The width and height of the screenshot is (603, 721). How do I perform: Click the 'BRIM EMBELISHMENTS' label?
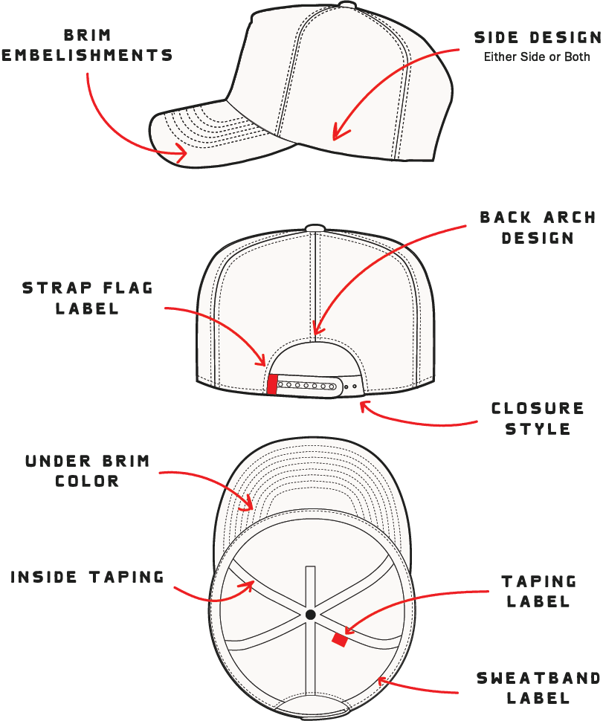click(x=87, y=45)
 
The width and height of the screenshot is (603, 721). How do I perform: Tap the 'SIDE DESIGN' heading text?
click(x=537, y=37)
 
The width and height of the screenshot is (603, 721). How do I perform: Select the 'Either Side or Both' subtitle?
click(x=537, y=56)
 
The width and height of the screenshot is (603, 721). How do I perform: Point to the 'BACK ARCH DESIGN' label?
click(x=538, y=227)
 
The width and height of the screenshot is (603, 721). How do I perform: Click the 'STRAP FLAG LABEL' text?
click(x=87, y=298)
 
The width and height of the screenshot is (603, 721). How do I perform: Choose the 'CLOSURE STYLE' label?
click(x=538, y=418)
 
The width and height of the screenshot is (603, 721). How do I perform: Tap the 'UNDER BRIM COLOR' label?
click(x=87, y=471)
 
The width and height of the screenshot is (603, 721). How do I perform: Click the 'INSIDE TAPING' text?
click(x=87, y=577)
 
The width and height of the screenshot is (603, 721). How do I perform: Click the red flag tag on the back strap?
click(x=272, y=384)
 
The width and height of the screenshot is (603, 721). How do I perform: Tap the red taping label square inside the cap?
click(x=339, y=639)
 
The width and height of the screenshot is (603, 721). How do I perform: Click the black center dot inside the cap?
click(x=310, y=614)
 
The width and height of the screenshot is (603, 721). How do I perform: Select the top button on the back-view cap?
click(x=315, y=227)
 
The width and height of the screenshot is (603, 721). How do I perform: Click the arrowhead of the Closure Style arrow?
click(x=362, y=404)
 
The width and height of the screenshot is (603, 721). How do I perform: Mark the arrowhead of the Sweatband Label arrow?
click(x=380, y=678)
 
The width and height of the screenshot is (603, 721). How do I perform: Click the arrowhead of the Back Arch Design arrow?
click(x=316, y=332)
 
